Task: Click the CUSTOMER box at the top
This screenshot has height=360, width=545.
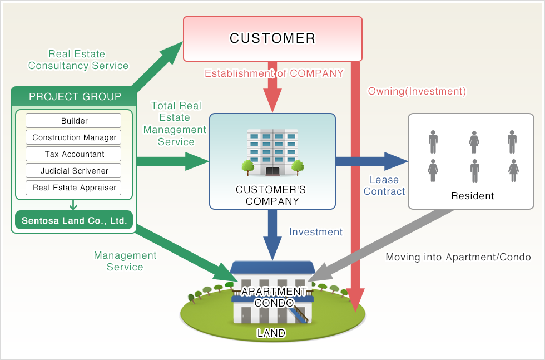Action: [272, 38]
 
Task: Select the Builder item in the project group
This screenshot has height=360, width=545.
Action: [73, 121]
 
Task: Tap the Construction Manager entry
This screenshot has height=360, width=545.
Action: [73, 137]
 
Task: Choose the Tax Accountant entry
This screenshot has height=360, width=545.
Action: [73, 154]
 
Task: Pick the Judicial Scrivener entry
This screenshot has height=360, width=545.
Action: [73, 171]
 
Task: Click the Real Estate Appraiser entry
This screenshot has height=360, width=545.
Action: [73, 188]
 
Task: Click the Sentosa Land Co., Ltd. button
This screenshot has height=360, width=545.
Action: [73, 221]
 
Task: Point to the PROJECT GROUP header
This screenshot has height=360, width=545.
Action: [75, 97]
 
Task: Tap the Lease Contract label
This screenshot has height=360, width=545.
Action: [384, 185]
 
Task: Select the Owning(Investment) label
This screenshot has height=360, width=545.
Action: [417, 91]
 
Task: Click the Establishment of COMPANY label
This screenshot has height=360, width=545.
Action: [274, 73]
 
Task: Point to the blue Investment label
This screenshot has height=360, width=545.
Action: [316, 232]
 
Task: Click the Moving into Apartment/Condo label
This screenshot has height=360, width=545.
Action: [458, 257]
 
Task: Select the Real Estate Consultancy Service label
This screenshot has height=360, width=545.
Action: [78, 60]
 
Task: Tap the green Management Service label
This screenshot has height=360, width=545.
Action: [125, 261]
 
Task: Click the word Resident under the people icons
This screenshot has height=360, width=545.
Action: [472, 196]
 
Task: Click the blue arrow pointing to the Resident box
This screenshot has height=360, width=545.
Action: [370, 161]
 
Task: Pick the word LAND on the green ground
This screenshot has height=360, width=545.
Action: [271, 333]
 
